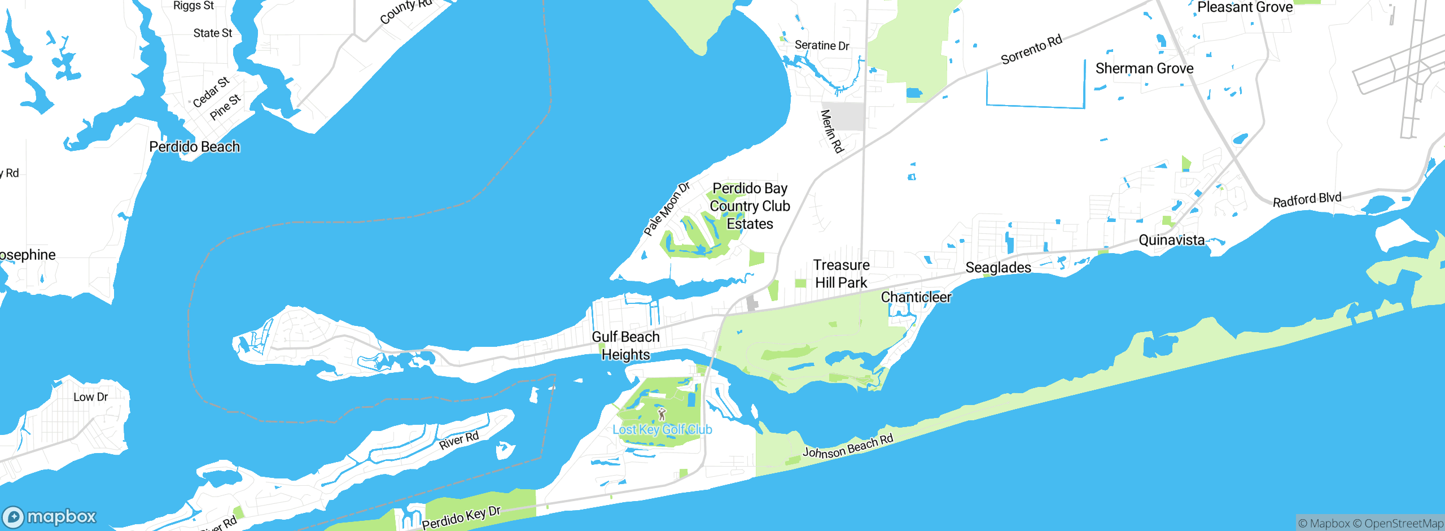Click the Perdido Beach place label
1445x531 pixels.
[194, 147]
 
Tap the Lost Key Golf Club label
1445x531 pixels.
[662, 430]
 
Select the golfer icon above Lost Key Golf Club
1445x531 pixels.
[662, 415]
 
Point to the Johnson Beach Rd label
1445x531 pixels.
[848, 446]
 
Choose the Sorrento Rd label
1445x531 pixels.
[1031, 50]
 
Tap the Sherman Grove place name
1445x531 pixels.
[1144, 69]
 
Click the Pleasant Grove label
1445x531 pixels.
[1245, 8]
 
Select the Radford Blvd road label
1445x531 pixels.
[1307, 200]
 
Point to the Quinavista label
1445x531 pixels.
[1171, 240]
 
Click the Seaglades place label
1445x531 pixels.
[998, 268]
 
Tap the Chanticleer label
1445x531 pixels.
[916, 297]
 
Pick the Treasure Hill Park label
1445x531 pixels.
[841, 274]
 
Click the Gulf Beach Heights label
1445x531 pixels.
[625, 346]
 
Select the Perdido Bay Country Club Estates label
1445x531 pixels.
[750, 206]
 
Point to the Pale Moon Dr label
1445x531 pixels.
[667, 209]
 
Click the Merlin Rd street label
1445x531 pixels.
[831, 132]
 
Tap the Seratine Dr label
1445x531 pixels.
[821, 46]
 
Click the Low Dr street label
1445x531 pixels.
[90, 397]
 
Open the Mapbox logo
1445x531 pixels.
[50, 517]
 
